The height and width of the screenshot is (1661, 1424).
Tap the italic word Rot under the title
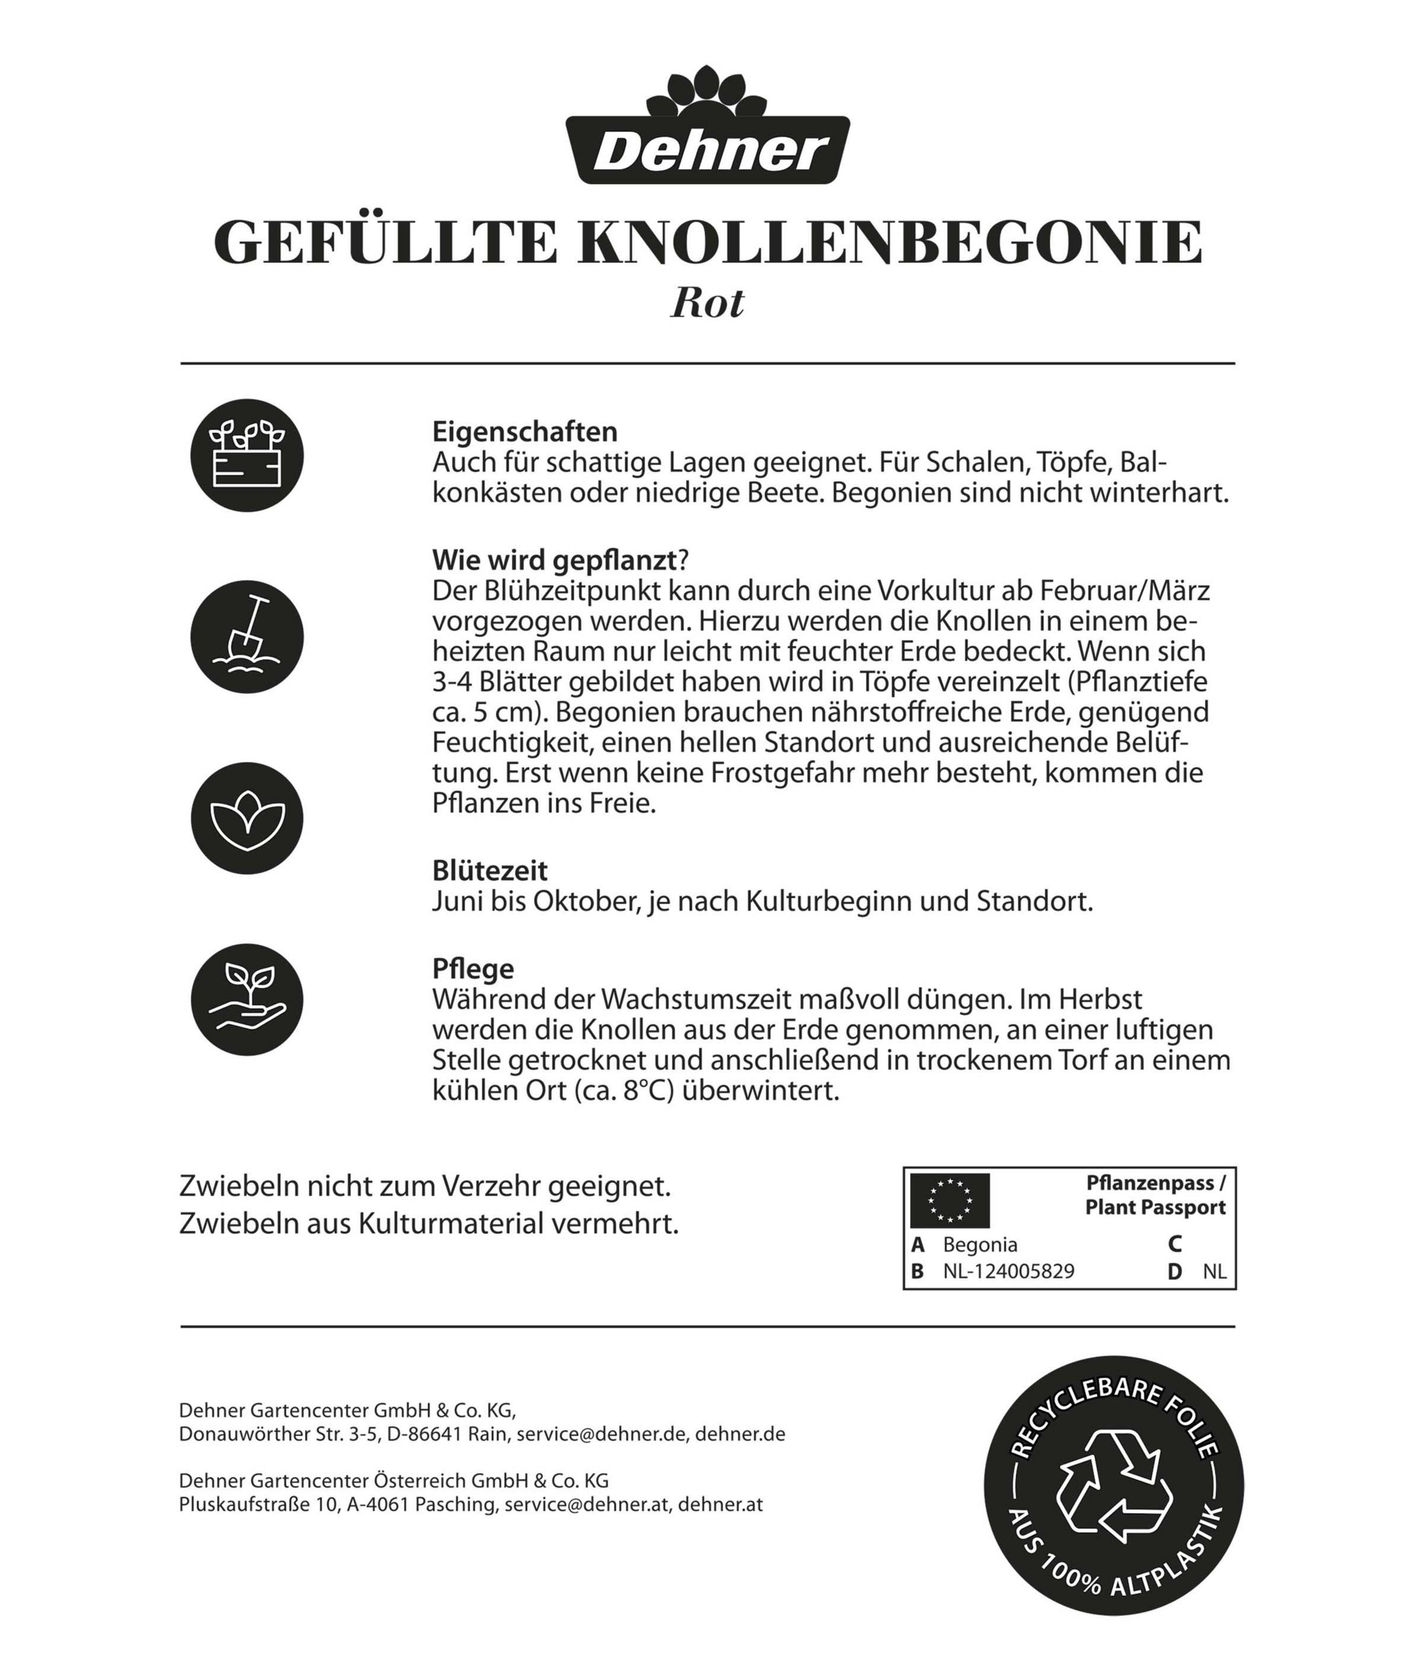707,303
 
